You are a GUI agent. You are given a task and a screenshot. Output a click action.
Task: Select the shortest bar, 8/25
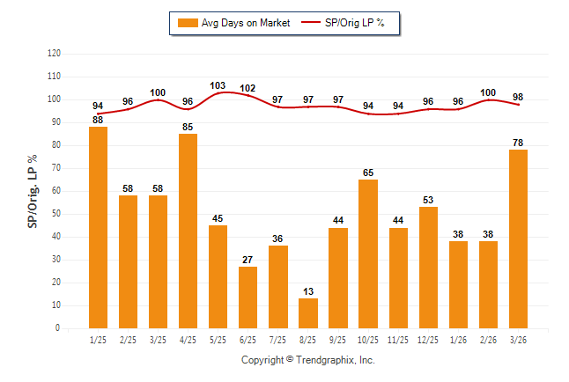coord(307,312)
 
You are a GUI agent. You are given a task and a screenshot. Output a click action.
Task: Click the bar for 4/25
coord(188,231)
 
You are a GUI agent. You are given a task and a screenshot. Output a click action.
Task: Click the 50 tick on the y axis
coord(56,214)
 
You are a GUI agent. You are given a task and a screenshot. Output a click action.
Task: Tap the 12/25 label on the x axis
coord(427,340)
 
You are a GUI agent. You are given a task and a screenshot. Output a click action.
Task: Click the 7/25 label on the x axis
coord(277,340)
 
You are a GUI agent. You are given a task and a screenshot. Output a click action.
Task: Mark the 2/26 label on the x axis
coord(487,340)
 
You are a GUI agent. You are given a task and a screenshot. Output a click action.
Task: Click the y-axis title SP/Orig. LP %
coord(33,190)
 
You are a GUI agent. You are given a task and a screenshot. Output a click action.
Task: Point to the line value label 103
coord(218,85)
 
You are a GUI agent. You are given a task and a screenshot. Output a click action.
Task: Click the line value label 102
coord(248,88)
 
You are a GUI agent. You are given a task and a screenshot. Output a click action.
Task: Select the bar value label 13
coord(307,291)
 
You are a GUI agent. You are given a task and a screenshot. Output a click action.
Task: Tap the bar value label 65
coord(367,173)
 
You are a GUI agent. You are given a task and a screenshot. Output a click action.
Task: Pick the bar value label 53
coord(427,201)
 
